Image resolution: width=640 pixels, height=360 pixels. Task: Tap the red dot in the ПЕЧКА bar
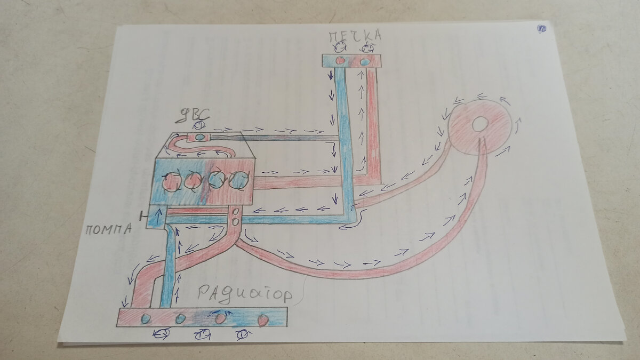340,61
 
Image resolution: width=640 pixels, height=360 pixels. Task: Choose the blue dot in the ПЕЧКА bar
365,61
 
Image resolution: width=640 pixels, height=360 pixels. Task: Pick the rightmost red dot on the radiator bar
262,320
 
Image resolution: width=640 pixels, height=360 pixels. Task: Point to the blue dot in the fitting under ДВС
199,137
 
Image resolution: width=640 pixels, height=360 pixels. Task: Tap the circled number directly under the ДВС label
198,125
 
